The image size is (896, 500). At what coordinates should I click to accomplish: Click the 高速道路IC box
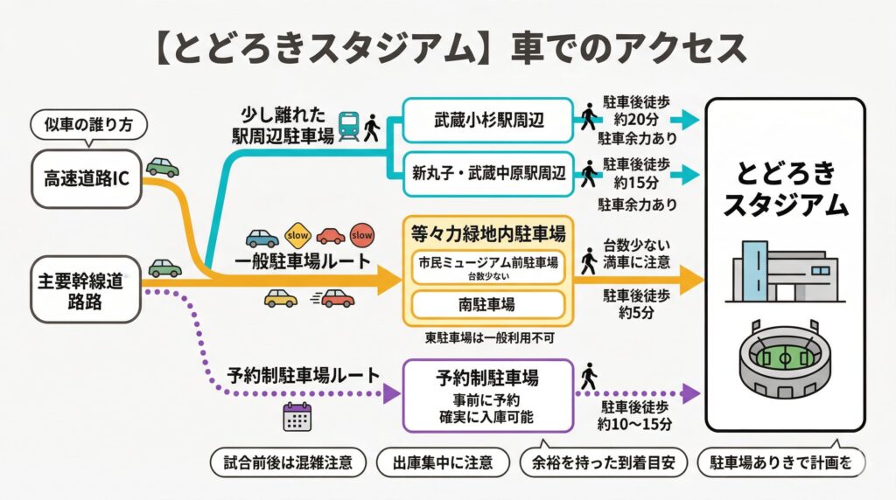[x=85, y=179]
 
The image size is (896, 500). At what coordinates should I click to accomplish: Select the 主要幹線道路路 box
[x=85, y=289]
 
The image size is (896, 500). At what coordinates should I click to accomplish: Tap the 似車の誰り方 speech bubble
[x=87, y=125]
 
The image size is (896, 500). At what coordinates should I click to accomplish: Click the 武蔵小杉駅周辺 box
[x=488, y=119]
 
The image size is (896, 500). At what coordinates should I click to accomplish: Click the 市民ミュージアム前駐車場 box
[x=487, y=266]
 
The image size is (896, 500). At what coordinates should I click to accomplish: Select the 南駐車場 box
[x=487, y=304]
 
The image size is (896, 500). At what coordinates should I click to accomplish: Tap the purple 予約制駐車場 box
[x=487, y=395]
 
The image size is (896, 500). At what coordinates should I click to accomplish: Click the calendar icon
[x=297, y=417]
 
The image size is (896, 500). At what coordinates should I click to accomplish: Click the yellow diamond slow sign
[x=297, y=237]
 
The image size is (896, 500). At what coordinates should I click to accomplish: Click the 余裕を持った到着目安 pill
[x=603, y=462]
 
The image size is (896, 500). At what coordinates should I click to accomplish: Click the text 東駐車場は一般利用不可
[x=487, y=337]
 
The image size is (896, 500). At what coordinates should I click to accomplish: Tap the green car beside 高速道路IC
[x=163, y=166]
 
